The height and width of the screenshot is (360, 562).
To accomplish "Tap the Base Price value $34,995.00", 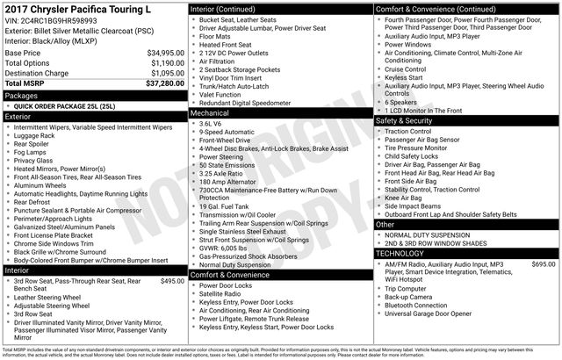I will (x=165, y=53).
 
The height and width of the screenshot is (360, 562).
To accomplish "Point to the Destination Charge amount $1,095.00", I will (x=166, y=73).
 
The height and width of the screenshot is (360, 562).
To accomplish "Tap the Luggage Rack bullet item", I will (x=39, y=136).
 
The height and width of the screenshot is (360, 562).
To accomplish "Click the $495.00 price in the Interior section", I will (x=167, y=306).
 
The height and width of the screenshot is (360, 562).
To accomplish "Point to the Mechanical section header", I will (x=210, y=113).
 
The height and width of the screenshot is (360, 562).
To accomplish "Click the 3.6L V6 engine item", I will (x=211, y=124).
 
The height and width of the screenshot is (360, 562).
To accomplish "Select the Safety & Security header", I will (x=407, y=120).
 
